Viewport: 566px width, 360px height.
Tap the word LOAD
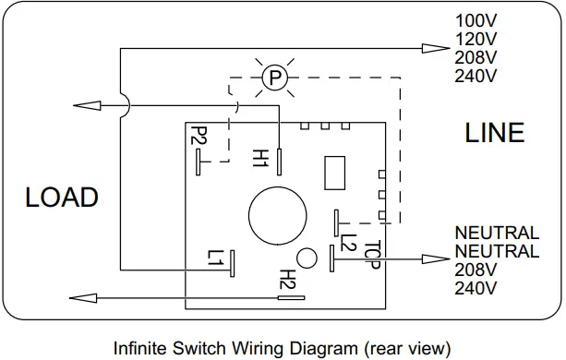(62, 198)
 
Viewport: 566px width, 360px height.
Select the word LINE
(494, 133)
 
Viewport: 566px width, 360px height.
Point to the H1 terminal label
(260, 158)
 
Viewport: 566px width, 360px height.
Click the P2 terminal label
(199, 136)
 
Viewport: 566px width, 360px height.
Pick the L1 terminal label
(215, 258)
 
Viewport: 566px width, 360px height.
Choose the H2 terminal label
(288, 280)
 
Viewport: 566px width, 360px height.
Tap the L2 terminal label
(349, 242)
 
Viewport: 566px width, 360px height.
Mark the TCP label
(372, 255)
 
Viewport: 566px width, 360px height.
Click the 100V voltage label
(476, 20)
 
